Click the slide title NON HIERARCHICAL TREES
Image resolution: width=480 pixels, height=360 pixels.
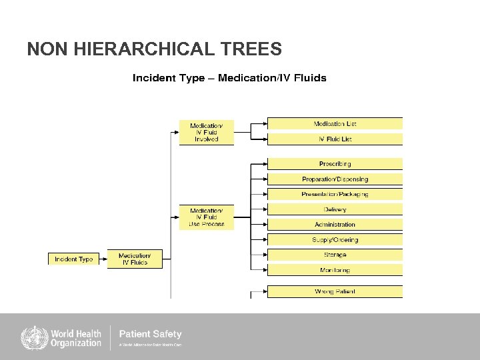154,49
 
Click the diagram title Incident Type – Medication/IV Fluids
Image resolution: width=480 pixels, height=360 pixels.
229,78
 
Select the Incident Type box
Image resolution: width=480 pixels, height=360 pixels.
73,259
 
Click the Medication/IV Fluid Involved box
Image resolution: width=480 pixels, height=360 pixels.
207,132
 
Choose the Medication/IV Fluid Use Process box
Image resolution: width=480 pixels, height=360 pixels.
207,217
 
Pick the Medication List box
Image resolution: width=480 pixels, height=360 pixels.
335,124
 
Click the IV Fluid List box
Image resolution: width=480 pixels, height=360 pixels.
335,139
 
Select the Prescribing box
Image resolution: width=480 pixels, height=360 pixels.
335,164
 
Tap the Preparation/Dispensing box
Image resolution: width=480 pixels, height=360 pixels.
335,179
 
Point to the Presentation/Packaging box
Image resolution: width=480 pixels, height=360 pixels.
335,194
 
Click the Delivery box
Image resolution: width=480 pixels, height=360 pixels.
335,209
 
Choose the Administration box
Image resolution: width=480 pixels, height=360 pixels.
335,225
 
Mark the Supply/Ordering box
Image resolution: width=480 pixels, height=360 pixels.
335,240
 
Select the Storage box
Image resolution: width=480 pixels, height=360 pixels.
335,255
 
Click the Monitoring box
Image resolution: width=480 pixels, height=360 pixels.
335,270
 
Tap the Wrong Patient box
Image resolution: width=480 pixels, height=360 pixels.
335,291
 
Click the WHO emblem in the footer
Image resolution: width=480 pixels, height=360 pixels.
32,337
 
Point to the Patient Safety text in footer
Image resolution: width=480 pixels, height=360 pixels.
150,334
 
